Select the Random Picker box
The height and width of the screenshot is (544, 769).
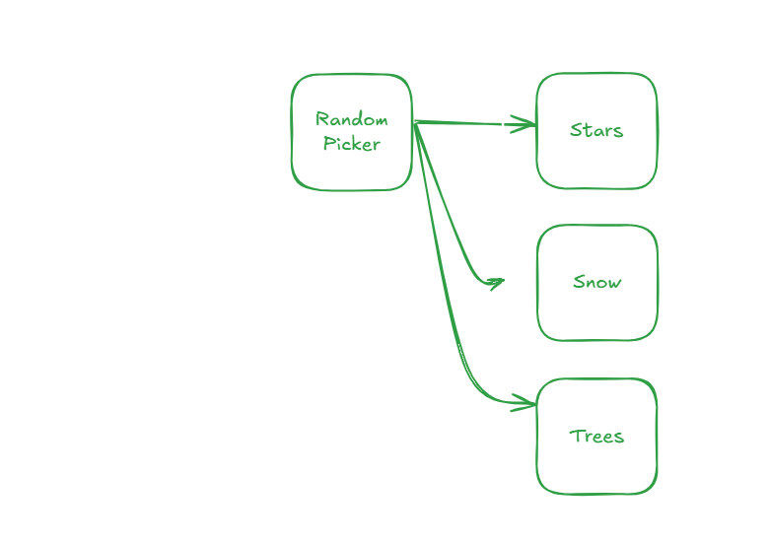tap(352, 132)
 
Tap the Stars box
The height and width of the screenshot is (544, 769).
tap(596, 129)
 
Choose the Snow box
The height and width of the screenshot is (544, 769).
tap(596, 283)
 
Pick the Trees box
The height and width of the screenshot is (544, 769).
tap(596, 437)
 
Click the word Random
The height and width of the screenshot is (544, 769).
tap(352, 119)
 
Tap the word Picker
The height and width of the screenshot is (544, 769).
tap(352, 144)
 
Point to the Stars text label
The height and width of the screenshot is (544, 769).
tap(596, 130)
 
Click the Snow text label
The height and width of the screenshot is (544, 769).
tap(596, 283)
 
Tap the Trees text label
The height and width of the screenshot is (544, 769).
tap(596, 437)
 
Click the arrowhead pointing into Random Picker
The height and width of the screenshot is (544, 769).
tap(284, 130)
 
